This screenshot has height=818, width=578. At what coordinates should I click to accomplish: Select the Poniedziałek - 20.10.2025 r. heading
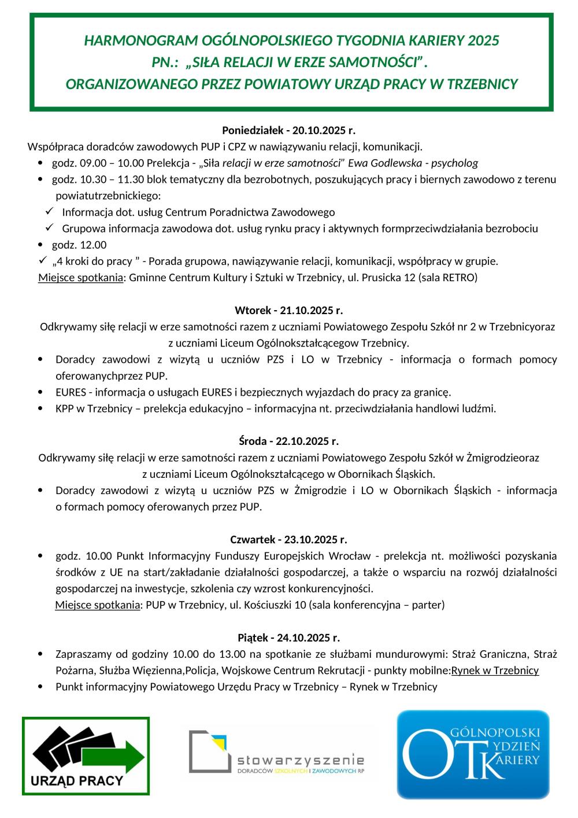(x=288, y=130)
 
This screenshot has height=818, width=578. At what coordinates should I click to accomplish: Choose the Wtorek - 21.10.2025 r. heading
(x=288, y=310)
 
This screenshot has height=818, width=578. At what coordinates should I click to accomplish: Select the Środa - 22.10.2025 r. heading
(x=288, y=441)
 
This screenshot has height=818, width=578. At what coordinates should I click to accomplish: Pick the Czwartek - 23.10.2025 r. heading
(x=288, y=540)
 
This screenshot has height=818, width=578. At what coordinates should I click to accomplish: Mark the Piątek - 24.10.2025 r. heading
(x=288, y=638)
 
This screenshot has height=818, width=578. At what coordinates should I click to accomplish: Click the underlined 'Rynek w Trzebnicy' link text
(x=495, y=670)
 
